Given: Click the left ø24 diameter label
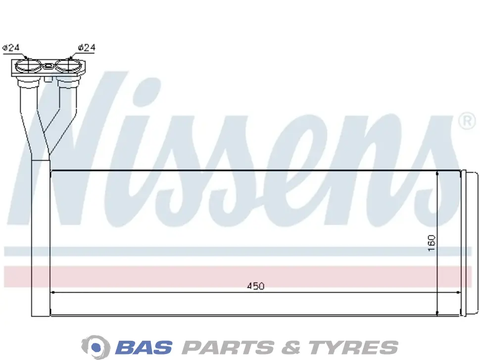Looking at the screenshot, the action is coord(11,47).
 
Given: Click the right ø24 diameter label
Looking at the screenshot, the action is coord(87,47).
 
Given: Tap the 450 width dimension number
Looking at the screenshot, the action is coord(256,286).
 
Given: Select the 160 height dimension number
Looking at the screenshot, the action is coord(432,243).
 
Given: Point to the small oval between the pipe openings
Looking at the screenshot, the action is coord(48,65).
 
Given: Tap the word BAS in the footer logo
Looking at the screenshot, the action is coord(144,348).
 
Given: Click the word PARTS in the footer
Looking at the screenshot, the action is coord(228,348).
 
